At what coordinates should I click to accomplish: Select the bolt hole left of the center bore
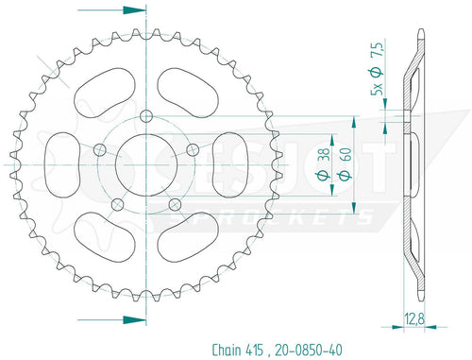101,147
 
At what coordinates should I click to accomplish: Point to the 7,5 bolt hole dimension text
377,58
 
